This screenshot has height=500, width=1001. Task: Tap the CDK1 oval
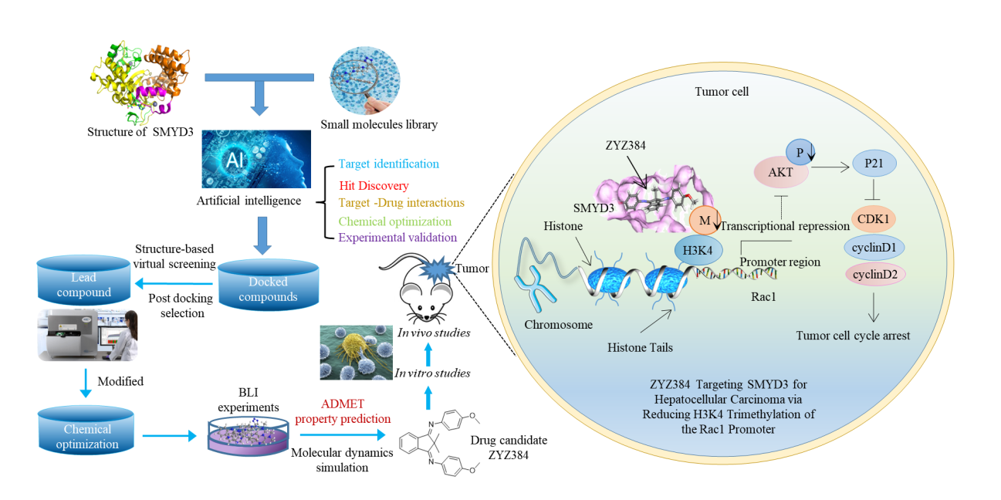pos(876,218)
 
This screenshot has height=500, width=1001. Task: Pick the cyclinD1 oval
pos(876,248)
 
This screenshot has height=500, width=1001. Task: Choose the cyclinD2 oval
pos(876,273)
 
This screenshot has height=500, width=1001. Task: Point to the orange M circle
pos(703,221)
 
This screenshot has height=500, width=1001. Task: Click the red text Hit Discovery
pos(374,185)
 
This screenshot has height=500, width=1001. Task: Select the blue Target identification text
pos(388,164)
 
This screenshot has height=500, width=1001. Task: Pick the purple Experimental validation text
pos(397,238)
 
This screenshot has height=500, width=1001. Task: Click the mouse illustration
pos(421,298)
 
